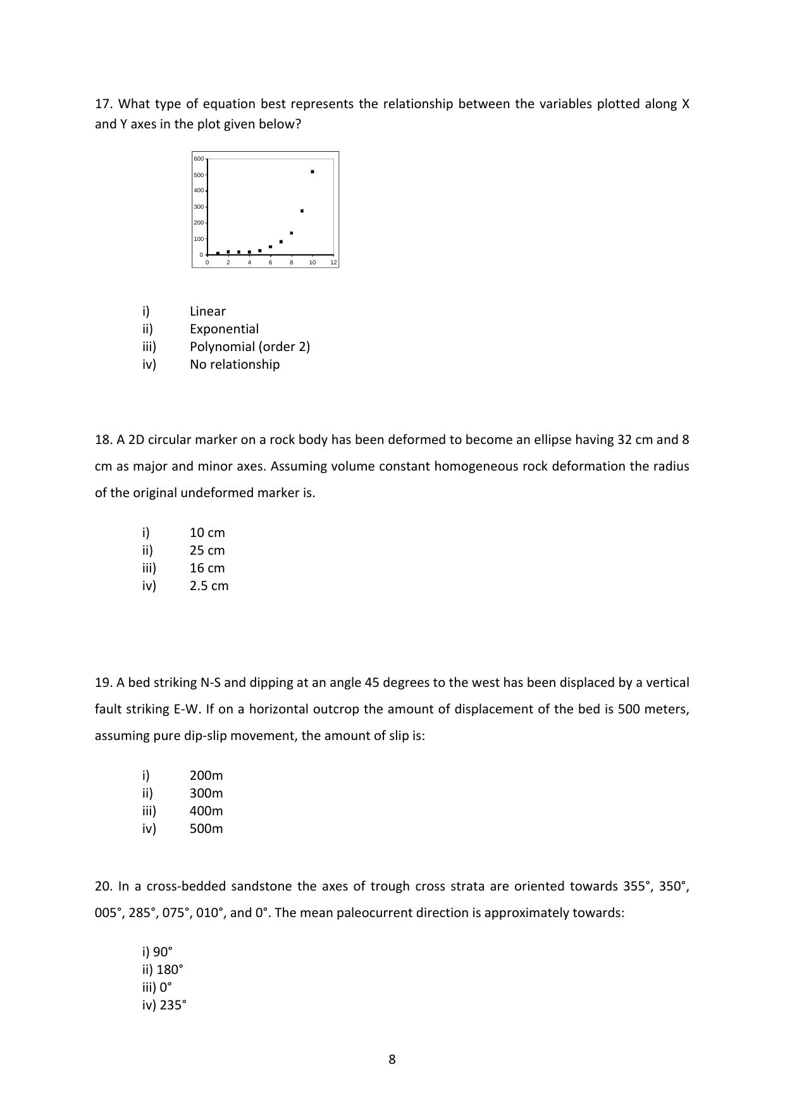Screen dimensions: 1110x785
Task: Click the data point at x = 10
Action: (312, 171)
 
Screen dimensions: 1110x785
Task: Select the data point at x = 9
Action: (302, 211)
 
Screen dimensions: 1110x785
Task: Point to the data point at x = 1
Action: (218, 253)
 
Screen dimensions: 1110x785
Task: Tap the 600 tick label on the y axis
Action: (199, 159)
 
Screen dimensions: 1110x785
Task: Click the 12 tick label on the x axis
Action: (333, 262)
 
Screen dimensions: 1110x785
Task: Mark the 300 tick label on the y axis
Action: (199, 207)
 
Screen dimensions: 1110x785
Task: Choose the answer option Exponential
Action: (224, 329)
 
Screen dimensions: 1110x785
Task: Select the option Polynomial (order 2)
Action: (250, 347)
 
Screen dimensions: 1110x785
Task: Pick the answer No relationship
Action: (235, 364)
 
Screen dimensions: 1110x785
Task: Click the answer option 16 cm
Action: (207, 568)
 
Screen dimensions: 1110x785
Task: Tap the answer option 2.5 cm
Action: (209, 586)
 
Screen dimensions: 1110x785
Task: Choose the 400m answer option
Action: (206, 811)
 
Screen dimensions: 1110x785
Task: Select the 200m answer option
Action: (206, 775)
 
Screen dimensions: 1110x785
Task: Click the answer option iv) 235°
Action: (164, 1005)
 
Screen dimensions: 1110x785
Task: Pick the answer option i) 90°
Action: (158, 952)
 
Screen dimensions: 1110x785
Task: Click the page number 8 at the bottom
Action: (392, 1059)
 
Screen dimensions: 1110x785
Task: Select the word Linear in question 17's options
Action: (207, 311)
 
